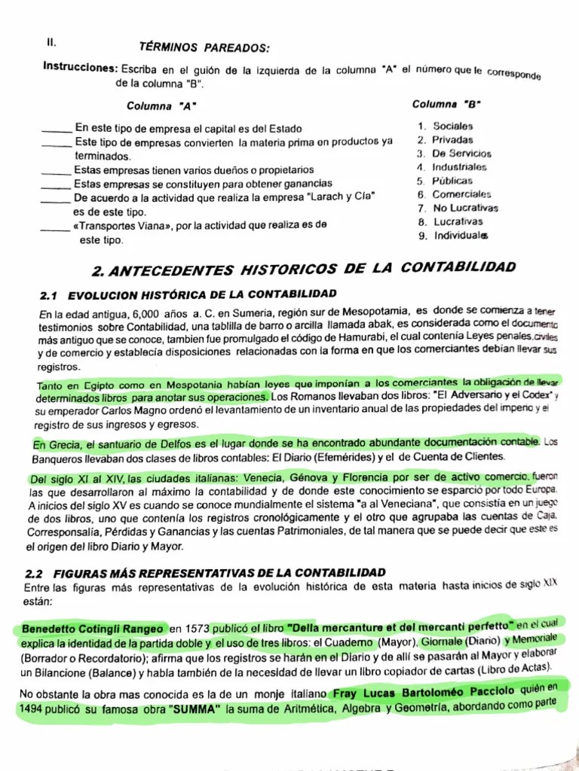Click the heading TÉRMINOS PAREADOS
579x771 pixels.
point(204,47)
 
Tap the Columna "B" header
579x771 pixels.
point(447,104)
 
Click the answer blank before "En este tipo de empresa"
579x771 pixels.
point(57,130)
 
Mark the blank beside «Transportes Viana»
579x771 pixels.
point(57,226)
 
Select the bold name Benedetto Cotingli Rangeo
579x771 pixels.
point(92,628)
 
